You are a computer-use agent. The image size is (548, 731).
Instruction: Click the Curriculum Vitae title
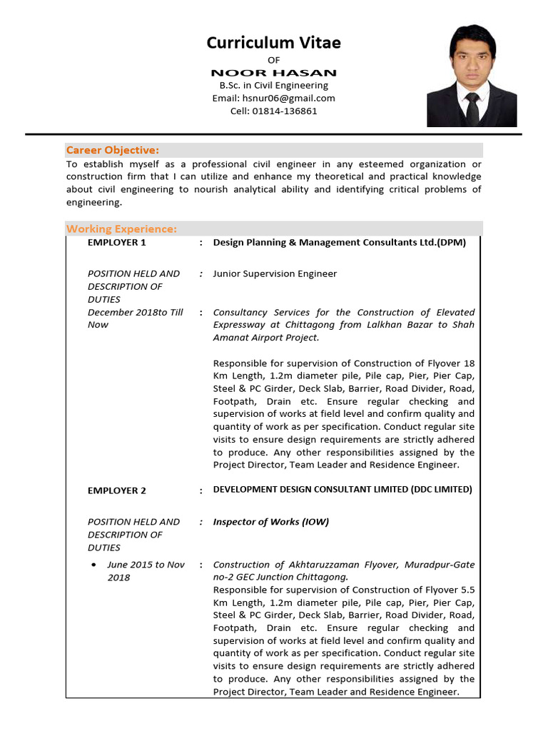tap(273, 43)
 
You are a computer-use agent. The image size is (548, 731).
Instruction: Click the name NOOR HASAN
tap(273, 73)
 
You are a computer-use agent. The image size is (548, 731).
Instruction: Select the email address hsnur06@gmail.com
tap(273, 98)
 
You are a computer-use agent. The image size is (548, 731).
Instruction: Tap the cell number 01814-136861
tap(273, 111)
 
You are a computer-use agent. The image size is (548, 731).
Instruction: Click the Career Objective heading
tap(112, 150)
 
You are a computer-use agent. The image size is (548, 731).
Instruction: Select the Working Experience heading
tap(121, 228)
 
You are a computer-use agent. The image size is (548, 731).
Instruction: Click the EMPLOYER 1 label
tap(116, 243)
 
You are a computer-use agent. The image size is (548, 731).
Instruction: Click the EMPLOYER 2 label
tap(116, 490)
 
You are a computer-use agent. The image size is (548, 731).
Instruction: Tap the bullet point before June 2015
tap(93, 565)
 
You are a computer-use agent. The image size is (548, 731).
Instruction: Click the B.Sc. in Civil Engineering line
tap(273, 86)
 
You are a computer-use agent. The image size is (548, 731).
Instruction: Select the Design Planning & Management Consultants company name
tap(339, 243)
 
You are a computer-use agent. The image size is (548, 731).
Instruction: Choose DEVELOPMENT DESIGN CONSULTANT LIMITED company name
tap(342, 490)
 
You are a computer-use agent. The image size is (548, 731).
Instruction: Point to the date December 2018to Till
tap(136, 312)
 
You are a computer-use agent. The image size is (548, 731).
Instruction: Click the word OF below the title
tap(273, 60)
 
